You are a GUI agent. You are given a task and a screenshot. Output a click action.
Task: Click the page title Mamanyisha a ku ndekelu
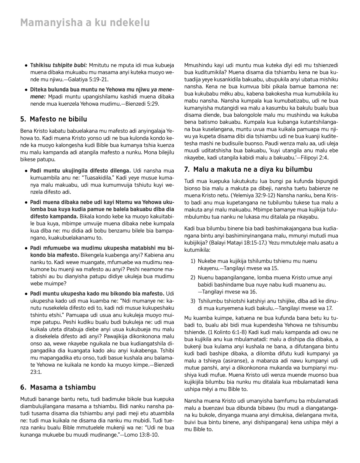tap(85, 23)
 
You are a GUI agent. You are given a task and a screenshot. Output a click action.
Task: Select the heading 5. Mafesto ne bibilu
tap(54, 119)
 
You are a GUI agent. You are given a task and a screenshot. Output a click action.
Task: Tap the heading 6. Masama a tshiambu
tap(58, 387)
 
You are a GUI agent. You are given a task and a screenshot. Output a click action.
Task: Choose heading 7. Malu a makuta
tap(248, 170)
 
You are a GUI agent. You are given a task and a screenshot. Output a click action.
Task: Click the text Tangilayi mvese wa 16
tap(230, 292)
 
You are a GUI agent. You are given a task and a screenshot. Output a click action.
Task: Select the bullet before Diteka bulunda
tap(27, 90)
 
